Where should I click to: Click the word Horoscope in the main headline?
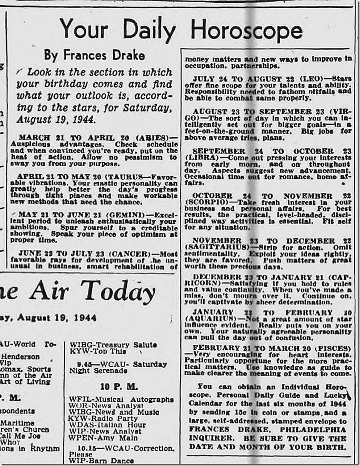(x=246, y=29)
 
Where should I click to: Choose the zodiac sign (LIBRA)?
(x=205, y=158)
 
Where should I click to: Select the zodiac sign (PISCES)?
(x=331, y=349)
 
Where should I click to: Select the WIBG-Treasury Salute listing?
(x=113, y=345)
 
